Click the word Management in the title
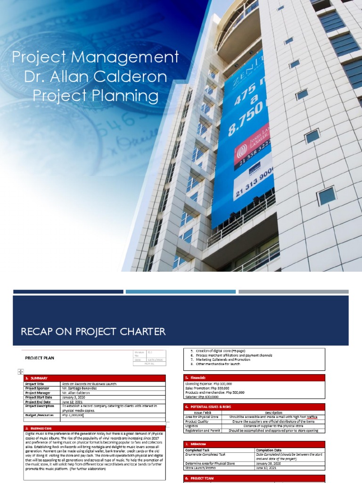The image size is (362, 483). click(133, 58)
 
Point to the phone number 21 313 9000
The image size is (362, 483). click(253, 184)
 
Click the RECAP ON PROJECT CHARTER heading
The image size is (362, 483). click(93, 332)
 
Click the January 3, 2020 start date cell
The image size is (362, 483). click(75, 397)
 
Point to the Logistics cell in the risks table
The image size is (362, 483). click(193, 425)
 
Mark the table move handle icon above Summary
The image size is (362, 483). click(20, 372)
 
